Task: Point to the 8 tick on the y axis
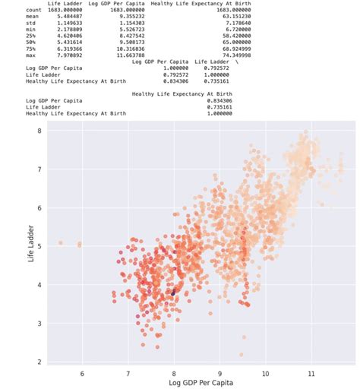[x=38, y=131]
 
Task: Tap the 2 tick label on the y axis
[x=38, y=362]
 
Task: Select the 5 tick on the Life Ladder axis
[x=38, y=246]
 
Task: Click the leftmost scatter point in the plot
[x=61, y=243]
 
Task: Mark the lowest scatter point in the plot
[x=242, y=355]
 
